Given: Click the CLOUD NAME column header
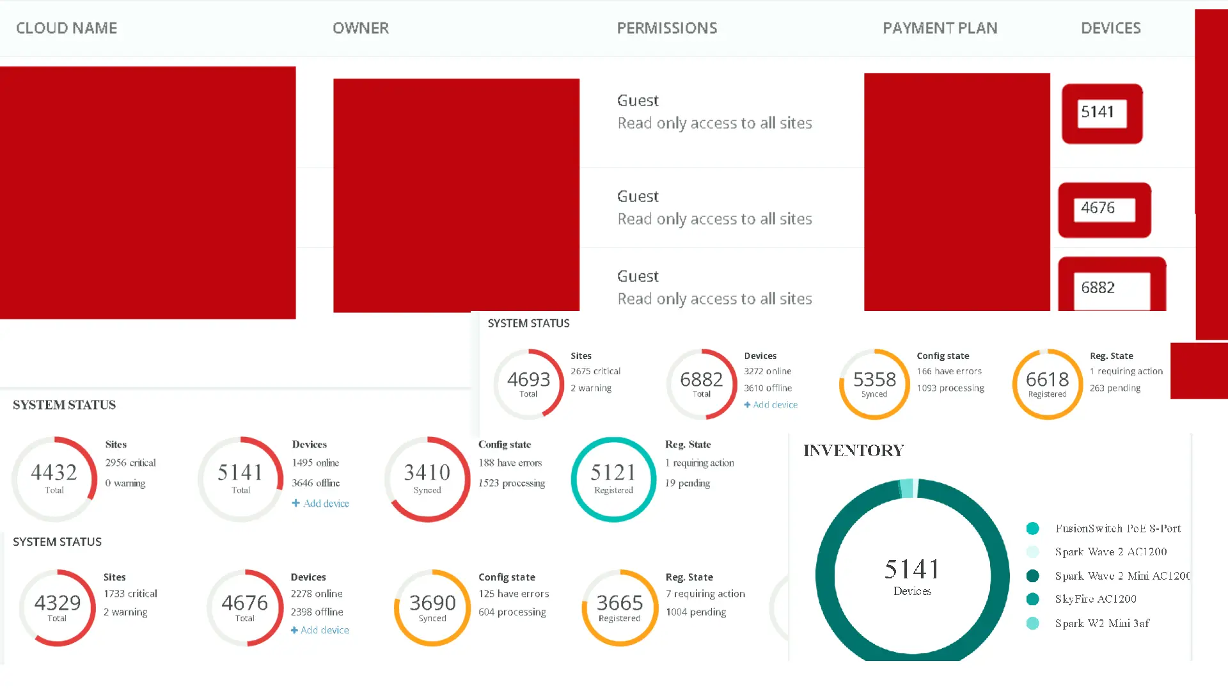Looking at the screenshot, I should coord(67,28).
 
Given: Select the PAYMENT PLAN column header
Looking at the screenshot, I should coord(940,28).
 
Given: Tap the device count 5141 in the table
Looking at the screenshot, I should coord(1098,113).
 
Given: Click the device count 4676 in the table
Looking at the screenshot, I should coord(1098,209).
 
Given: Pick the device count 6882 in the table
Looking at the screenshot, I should coord(1098,289).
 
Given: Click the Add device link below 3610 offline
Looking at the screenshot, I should coord(771,405).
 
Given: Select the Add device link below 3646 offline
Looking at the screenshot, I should coord(320,504).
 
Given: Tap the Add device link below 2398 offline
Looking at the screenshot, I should coord(320,630).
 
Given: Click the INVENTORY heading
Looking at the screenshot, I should coord(853,450).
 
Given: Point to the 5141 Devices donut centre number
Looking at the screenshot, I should coord(912,569).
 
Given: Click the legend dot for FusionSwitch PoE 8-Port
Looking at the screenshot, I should coord(1032,528).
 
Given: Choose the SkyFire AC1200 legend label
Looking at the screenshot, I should coord(1096,600).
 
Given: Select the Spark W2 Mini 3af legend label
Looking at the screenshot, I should coord(1102,624).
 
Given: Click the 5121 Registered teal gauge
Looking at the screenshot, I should coord(613,479).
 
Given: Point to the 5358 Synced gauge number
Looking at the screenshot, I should coord(874,380).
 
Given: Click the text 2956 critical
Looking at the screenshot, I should coord(130,463).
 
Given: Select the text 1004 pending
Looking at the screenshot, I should coord(696,612).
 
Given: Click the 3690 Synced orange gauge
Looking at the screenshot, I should coord(432,607).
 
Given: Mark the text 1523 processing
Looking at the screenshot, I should coord(512,483).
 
